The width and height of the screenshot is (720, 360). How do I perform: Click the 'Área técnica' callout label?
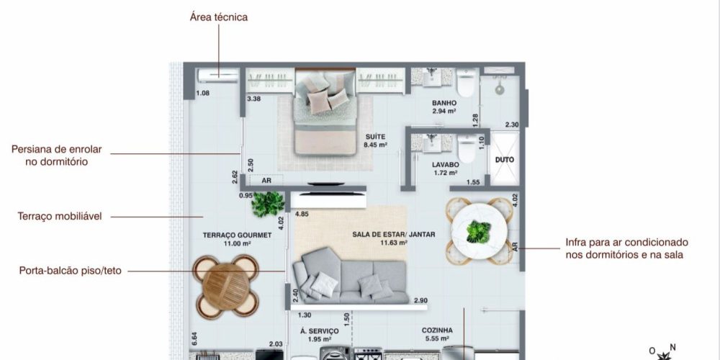pyautogui.click(x=219, y=17)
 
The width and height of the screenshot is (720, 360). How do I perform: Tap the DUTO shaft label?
pyautogui.click(x=505, y=160)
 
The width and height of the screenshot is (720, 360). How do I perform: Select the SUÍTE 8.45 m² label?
pyautogui.click(x=376, y=140)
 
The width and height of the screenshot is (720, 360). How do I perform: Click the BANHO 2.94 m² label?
pyautogui.click(x=444, y=107)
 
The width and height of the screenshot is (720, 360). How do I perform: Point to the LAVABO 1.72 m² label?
pyautogui.click(x=446, y=168)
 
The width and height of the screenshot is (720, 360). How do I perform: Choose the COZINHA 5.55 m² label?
pyautogui.click(x=437, y=334)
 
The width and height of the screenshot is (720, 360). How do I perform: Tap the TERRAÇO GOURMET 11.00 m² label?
pyautogui.click(x=237, y=239)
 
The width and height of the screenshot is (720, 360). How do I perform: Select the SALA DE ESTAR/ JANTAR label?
pyautogui.click(x=394, y=235)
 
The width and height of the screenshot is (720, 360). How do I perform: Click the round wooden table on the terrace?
pyautogui.click(x=225, y=286)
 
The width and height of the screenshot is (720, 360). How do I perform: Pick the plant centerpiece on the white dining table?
pyautogui.click(x=479, y=232)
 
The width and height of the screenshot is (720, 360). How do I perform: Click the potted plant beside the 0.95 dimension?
pyautogui.click(x=268, y=204)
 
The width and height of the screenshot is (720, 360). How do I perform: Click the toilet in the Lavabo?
pyautogui.click(x=467, y=148)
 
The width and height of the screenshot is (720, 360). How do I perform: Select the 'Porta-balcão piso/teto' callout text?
pyautogui.click(x=71, y=271)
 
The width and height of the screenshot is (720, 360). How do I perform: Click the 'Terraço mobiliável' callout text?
pyautogui.click(x=60, y=216)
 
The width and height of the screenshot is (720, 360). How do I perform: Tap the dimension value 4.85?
pyautogui.click(x=302, y=214)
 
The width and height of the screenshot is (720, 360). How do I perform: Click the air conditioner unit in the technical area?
pyautogui.click(x=217, y=76)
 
